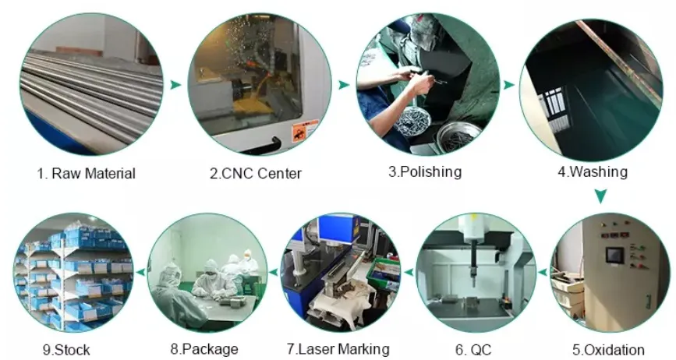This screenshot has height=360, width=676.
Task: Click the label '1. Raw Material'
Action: click(87, 174)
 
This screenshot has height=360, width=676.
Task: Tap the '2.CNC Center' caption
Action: click(256, 174)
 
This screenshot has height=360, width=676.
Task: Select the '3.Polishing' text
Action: click(425, 171)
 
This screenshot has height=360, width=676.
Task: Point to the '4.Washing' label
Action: click(593, 171)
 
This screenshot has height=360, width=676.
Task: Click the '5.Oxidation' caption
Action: click(608, 350)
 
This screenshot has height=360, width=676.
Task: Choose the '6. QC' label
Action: click(473, 350)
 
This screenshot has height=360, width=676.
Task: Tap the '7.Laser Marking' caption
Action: click(338, 349)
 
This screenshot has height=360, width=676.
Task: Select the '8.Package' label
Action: click(204, 349)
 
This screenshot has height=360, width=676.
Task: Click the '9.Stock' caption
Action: click(66, 350)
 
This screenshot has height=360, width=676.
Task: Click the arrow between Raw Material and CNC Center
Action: click(175, 84)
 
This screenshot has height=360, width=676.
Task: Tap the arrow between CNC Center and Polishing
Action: click(344, 85)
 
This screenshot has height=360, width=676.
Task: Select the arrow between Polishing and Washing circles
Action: click(509, 85)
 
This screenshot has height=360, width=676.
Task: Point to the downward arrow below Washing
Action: click(600, 196)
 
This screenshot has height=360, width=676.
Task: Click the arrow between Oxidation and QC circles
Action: click(543, 272)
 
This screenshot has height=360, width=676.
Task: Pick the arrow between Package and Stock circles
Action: click(140, 272)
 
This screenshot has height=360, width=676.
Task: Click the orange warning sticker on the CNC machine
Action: click(305, 131)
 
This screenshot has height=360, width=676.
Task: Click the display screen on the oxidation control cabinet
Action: click(614, 256)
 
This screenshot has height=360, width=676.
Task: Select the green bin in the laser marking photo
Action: click(383, 274)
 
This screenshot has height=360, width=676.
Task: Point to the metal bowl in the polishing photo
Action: click(458, 137)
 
